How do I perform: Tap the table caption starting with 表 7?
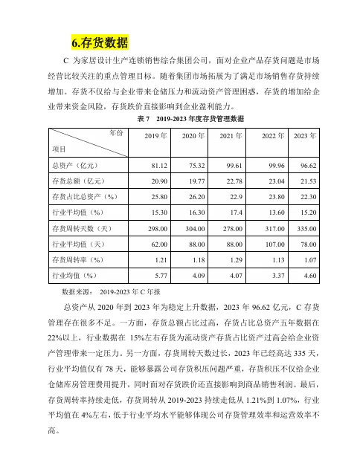click(190, 118)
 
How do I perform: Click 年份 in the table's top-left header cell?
click(115, 132)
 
